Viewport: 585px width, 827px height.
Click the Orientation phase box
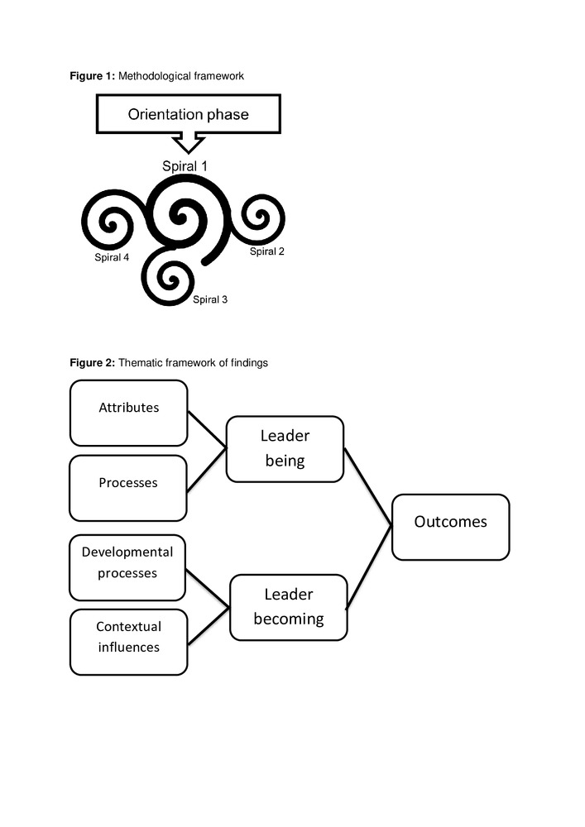coord(189,114)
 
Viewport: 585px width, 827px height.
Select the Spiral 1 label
coord(185,166)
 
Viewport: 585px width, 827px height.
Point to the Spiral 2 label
coord(267,251)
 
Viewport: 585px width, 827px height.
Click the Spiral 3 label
coord(210,299)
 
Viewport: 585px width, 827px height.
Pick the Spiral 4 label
coord(112,257)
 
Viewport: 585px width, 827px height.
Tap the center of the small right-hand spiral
coord(259,219)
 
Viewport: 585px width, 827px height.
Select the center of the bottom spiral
coord(171,279)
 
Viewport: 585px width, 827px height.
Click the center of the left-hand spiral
coord(110,222)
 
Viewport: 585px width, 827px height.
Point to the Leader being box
coord(285,448)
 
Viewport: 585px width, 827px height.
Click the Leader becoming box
coord(288,606)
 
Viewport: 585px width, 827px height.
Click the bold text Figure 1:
coord(92,76)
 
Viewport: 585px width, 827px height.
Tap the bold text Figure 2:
coord(92,362)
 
